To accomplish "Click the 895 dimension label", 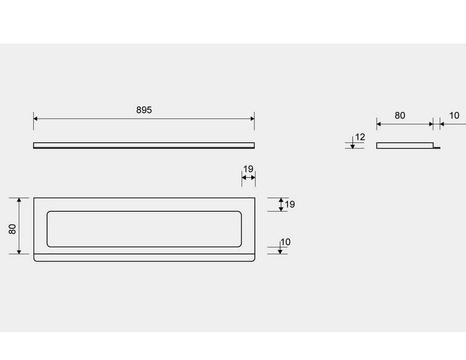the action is click(x=144, y=110).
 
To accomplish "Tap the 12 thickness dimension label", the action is click(x=360, y=137).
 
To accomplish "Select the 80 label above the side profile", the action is click(x=400, y=115).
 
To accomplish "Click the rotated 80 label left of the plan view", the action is click(x=12, y=229).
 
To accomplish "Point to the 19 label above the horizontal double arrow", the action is click(x=248, y=169).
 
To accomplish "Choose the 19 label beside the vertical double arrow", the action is click(x=290, y=204).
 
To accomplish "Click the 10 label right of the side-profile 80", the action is click(x=454, y=115).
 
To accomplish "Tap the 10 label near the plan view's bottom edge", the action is click(x=285, y=242).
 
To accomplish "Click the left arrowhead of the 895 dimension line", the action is click(x=35, y=119).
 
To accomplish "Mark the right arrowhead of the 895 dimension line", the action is click(x=253, y=119).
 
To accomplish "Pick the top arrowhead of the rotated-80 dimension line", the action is click(x=19, y=200).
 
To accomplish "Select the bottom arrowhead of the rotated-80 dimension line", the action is click(x=19, y=252).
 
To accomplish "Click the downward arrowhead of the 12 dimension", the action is click(x=352, y=146).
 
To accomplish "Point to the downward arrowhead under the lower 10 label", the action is click(x=280, y=252).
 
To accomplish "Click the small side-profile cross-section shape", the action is click(x=408, y=146).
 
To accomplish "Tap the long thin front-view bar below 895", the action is click(x=144, y=146).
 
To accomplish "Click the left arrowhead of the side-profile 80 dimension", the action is click(x=379, y=124).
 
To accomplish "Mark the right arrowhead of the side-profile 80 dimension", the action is click(x=431, y=124).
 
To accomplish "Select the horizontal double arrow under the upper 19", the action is click(x=249, y=178).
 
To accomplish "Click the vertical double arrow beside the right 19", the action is click(x=281, y=204).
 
